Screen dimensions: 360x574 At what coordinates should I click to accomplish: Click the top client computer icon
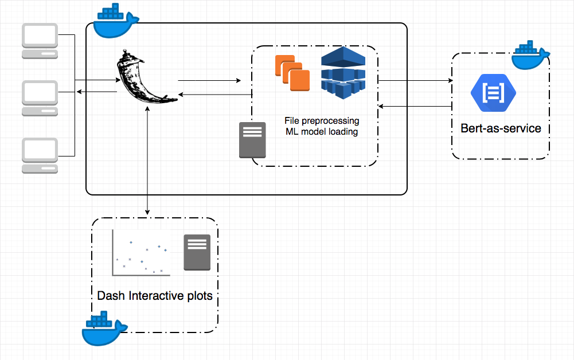[40, 40]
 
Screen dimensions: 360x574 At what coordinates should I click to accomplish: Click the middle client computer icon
[40, 98]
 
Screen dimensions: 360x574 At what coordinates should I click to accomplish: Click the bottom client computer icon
[40, 155]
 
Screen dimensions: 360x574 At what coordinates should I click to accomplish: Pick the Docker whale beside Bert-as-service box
[530, 56]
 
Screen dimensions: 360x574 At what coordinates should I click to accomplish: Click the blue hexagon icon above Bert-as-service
[493, 92]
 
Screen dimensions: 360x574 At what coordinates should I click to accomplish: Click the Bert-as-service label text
[501, 128]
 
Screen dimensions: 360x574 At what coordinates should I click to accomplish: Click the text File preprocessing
[322, 121]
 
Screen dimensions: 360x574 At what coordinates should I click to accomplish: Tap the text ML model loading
[322, 132]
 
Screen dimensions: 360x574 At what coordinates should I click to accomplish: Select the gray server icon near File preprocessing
[253, 140]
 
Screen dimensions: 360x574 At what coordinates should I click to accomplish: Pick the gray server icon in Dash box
[197, 252]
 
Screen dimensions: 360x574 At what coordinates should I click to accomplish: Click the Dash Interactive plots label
[155, 296]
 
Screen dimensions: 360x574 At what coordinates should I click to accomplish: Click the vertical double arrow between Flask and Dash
[148, 161]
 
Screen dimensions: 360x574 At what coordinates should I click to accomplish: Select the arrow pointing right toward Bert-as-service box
[415, 81]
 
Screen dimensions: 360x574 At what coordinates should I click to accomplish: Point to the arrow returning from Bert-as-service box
[415, 106]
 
